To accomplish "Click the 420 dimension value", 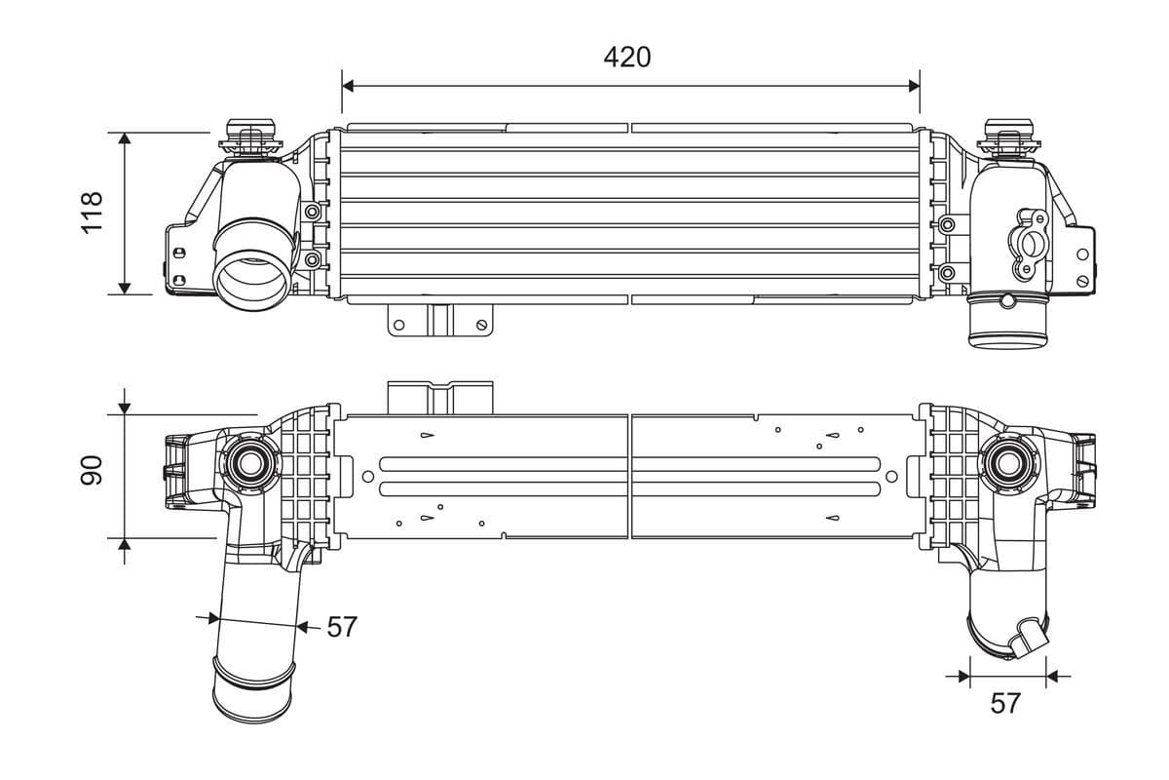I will (x=626, y=58).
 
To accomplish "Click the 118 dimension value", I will (x=92, y=213).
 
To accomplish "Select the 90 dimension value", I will (x=92, y=470).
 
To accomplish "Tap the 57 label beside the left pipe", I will (x=341, y=627).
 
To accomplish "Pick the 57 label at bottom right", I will (x=1004, y=702).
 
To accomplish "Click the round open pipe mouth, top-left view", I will (x=251, y=277).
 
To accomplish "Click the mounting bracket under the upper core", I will (x=438, y=320).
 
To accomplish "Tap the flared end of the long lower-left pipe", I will (x=252, y=694).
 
